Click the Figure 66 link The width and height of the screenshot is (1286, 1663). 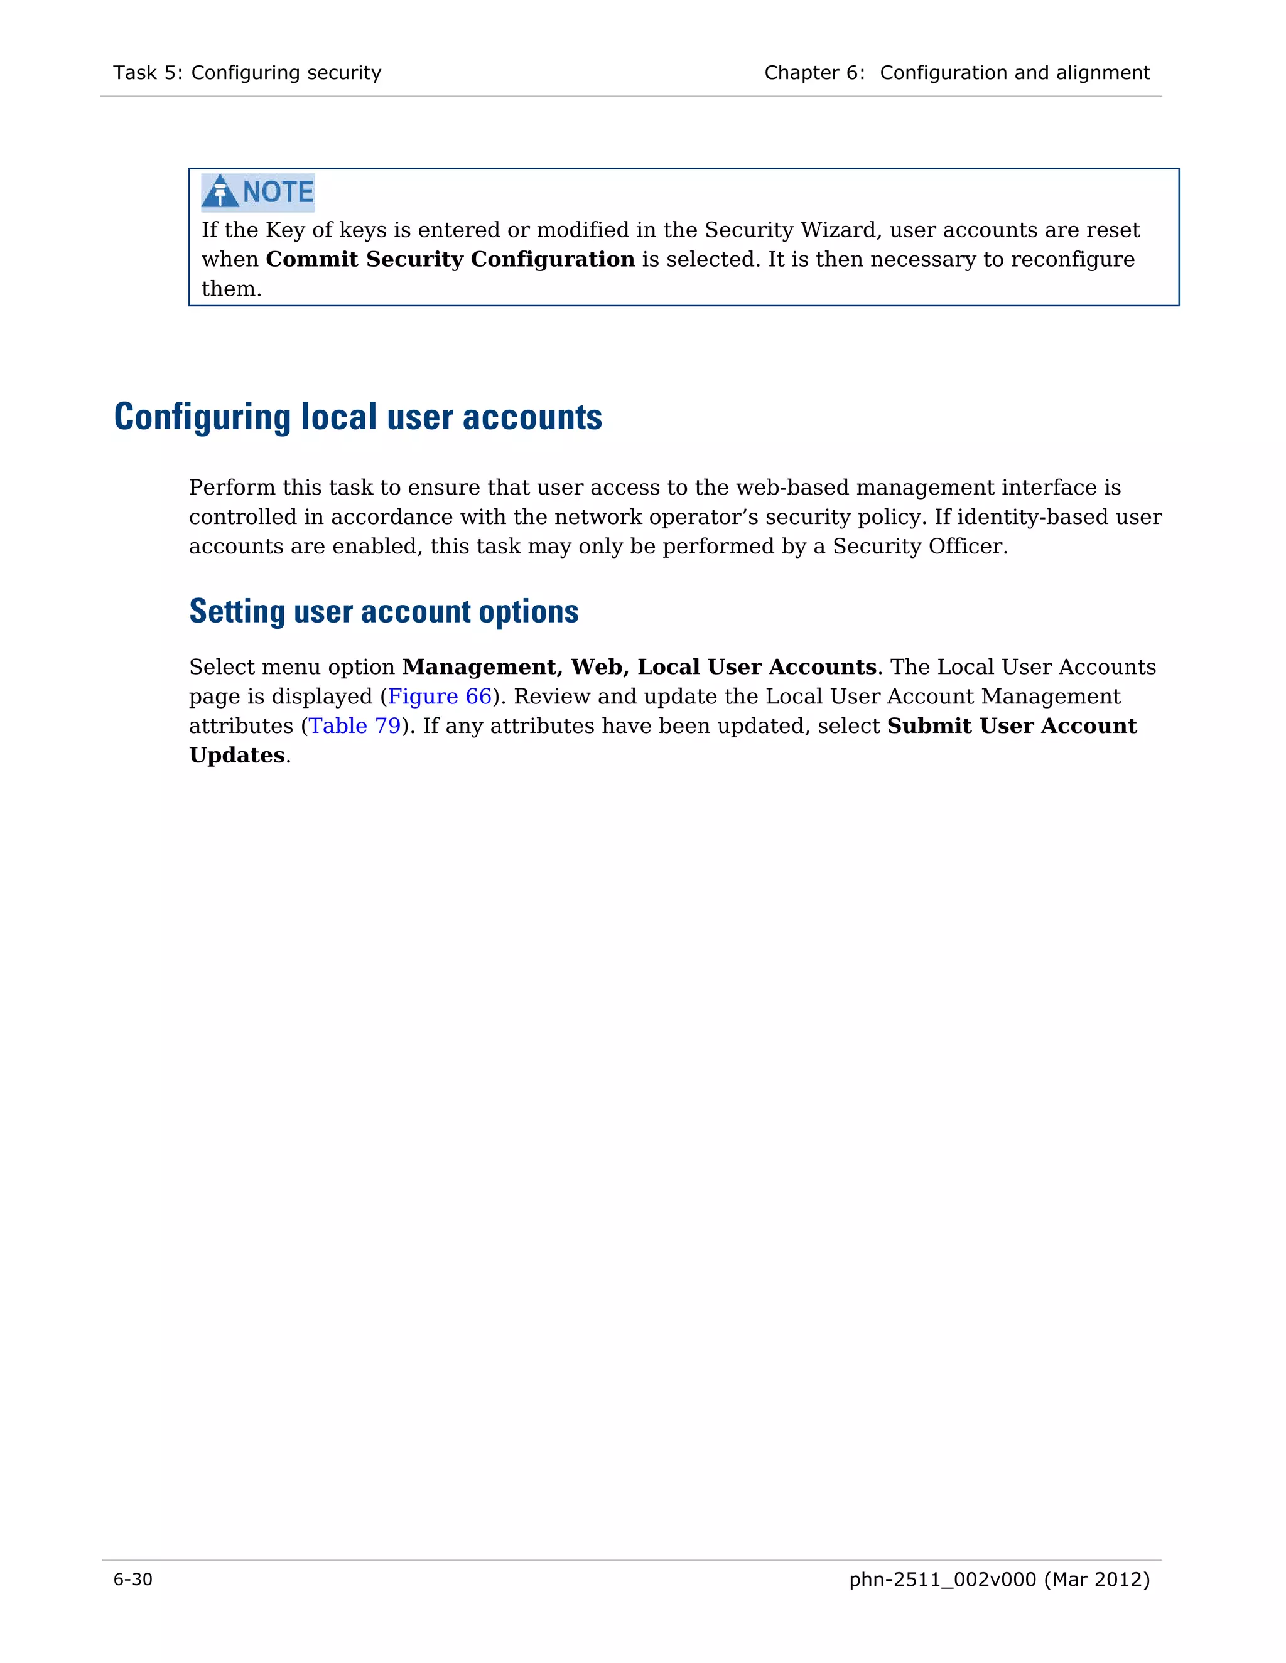[x=440, y=697]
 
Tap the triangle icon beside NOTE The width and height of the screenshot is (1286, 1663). [x=220, y=192]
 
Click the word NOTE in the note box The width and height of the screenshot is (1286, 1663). [x=278, y=192]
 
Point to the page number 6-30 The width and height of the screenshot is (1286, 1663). [x=132, y=1580]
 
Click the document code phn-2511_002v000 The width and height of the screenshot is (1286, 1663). [x=943, y=1580]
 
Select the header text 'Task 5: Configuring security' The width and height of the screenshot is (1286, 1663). [x=247, y=73]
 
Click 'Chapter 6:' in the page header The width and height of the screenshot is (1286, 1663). [x=814, y=73]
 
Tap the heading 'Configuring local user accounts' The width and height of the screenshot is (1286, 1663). [x=357, y=417]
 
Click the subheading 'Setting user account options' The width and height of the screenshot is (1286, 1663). [x=383, y=611]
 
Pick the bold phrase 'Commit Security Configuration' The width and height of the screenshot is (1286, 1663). [x=450, y=260]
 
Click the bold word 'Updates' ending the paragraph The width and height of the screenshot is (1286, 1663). [x=236, y=756]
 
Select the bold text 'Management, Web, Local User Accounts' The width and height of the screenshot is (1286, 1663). [x=639, y=667]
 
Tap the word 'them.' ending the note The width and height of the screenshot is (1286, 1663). [x=231, y=289]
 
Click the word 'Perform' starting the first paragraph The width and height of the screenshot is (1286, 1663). [x=232, y=488]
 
